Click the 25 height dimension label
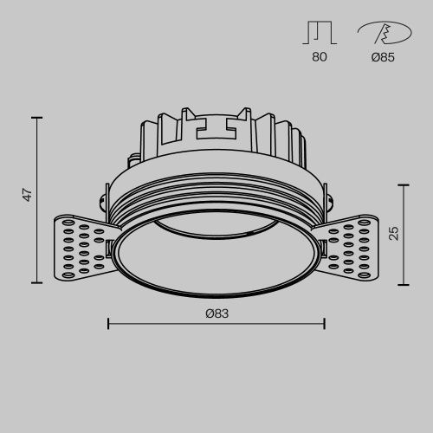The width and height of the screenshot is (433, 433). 394,232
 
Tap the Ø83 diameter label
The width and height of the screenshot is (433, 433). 216,313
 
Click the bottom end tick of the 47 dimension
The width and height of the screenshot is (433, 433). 38,284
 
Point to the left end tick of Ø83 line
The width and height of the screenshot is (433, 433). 107,324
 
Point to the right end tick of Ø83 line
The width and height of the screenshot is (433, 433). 324,324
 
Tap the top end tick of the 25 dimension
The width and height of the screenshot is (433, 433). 405,184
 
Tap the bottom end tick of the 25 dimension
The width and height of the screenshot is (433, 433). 405,284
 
